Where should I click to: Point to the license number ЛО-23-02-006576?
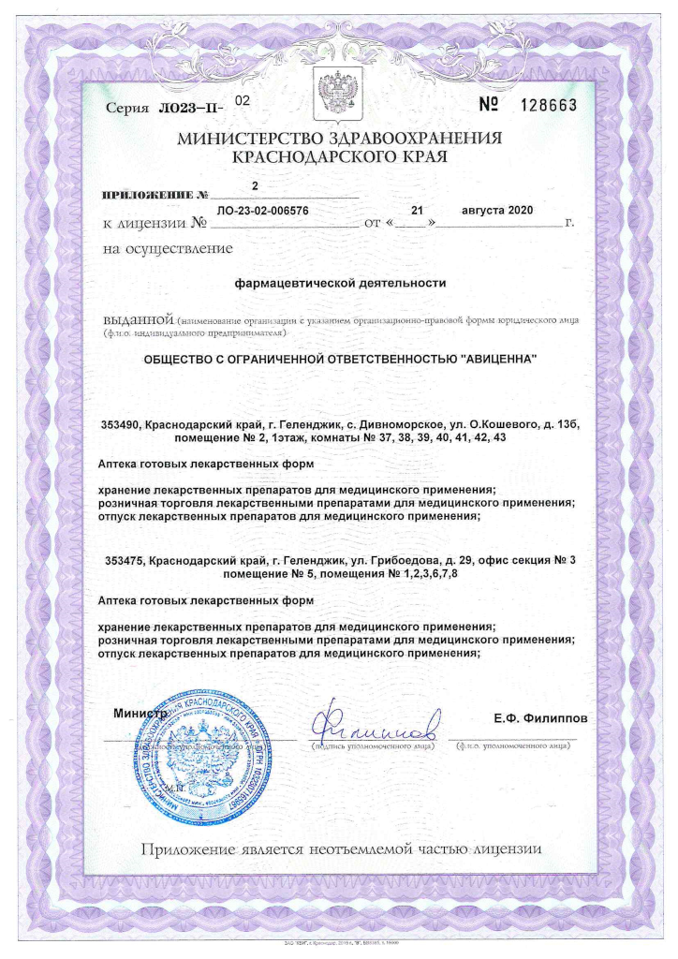(262, 212)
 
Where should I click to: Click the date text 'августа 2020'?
(497, 211)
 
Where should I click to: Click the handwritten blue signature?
(375, 724)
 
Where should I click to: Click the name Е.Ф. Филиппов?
(540, 718)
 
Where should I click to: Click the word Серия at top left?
(126, 109)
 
